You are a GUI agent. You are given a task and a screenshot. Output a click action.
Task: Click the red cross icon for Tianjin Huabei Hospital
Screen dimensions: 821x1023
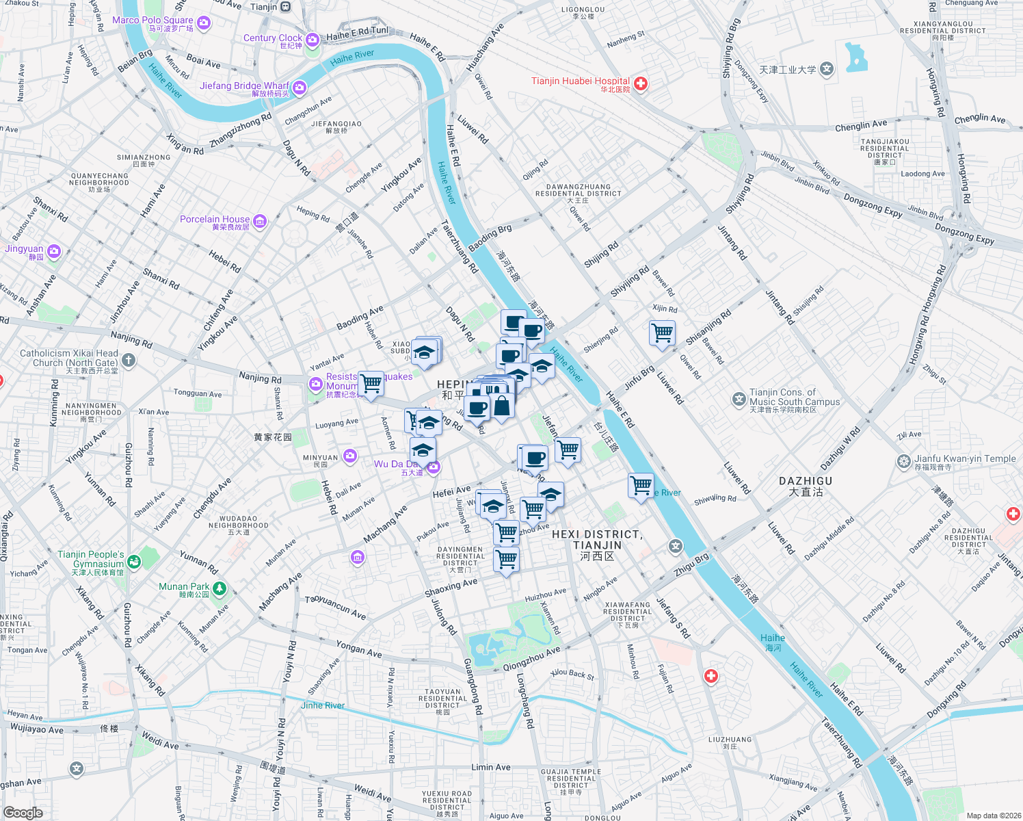641,83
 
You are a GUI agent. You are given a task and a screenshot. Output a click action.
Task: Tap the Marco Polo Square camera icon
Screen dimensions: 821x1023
203,23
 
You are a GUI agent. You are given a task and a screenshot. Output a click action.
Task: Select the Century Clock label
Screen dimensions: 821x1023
272,38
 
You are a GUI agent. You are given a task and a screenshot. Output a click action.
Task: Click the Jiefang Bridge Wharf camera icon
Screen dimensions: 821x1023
300,88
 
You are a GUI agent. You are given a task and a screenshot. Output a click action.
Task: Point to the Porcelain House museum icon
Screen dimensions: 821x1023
260,221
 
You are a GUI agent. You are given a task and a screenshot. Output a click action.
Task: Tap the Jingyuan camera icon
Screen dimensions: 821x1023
54,252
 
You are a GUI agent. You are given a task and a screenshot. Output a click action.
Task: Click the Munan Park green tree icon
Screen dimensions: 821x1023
220,588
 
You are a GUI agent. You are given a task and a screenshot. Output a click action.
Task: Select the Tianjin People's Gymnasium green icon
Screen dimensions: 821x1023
134,561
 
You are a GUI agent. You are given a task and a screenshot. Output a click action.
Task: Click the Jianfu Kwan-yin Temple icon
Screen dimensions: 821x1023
904,462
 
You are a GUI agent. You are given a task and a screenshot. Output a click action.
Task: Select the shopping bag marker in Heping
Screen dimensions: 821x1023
501,406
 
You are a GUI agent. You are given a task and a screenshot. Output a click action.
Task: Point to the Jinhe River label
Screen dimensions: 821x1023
323,705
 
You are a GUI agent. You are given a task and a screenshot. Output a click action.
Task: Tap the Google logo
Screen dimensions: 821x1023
23,812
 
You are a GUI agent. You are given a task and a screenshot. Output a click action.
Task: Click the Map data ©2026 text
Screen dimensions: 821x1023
991,816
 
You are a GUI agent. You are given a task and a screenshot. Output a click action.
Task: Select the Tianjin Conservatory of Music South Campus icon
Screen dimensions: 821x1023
739,399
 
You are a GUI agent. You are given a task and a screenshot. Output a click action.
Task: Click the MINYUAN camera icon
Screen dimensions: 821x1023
350,456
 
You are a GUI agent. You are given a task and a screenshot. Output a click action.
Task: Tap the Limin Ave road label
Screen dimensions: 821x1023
490,767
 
